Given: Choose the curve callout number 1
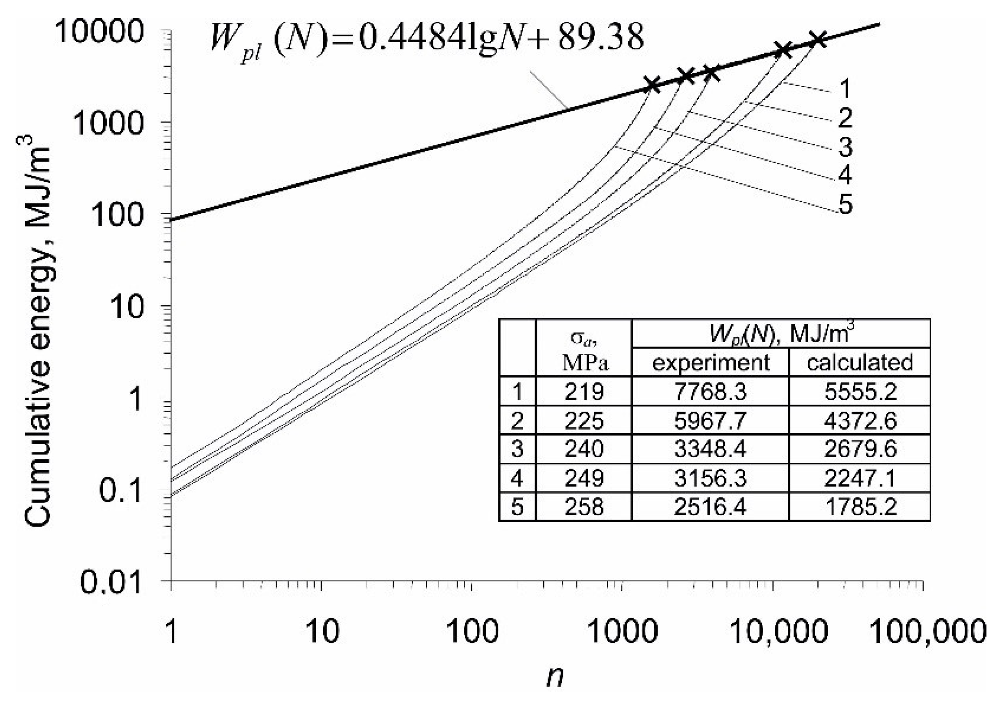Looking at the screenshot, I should click(x=844, y=88).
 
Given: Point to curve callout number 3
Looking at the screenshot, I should click(x=845, y=146).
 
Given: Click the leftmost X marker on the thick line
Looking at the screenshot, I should click(x=652, y=85).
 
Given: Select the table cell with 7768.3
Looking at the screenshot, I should click(x=710, y=392).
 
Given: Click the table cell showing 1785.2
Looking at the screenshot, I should click(x=859, y=507).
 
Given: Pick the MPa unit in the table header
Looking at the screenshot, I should click(x=584, y=363).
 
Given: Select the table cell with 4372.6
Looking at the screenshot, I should click(x=859, y=420).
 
